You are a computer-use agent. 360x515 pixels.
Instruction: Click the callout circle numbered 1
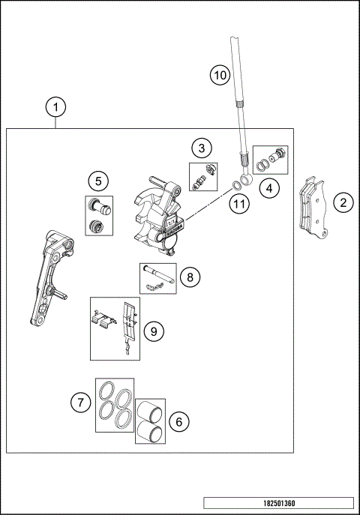click(x=55, y=107)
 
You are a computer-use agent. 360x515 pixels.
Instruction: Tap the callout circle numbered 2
click(x=343, y=202)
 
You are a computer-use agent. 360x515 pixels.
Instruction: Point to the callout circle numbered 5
click(x=97, y=180)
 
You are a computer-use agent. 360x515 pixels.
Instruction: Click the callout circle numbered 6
click(x=178, y=422)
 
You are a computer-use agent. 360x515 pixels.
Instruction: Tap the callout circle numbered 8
click(x=190, y=277)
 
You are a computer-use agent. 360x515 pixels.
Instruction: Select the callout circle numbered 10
click(x=218, y=75)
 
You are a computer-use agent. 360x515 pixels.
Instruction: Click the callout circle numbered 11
click(x=238, y=203)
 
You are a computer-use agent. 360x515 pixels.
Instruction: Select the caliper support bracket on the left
click(x=49, y=277)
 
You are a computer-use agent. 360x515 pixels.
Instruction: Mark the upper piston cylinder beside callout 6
click(x=150, y=409)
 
